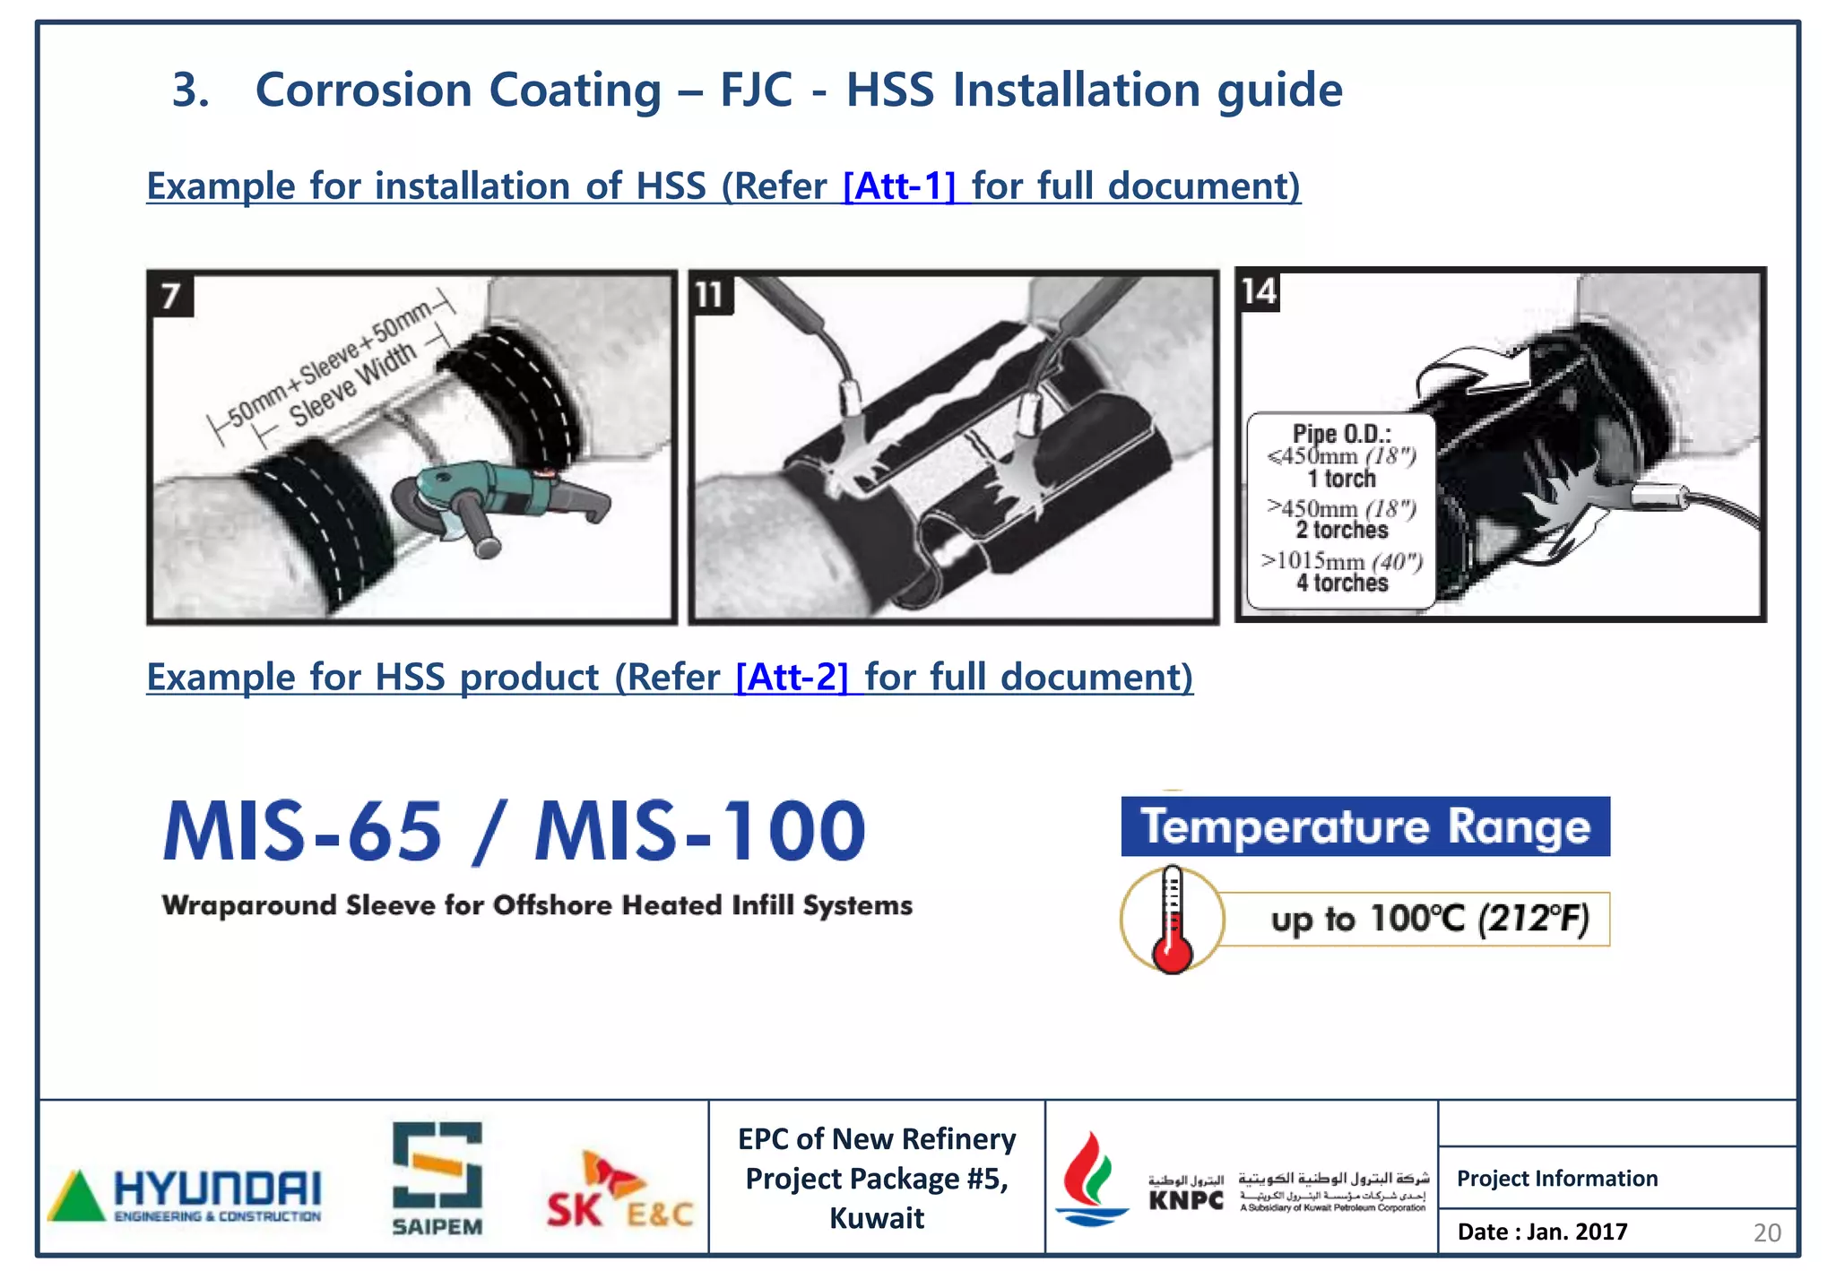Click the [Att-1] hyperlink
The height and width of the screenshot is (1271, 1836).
pyautogui.click(x=900, y=186)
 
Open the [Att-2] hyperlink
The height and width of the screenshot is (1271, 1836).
pyautogui.click(x=792, y=677)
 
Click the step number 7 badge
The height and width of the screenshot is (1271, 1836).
pyautogui.click(x=170, y=295)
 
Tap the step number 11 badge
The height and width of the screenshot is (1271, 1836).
pyautogui.click(x=710, y=294)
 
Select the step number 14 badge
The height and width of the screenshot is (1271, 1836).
pyautogui.click(x=1259, y=291)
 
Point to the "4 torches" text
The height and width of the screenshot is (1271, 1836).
pyautogui.click(x=1342, y=583)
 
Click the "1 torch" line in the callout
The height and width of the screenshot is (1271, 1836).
pyautogui.click(x=1341, y=479)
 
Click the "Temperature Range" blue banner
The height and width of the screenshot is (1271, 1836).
pyautogui.click(x=1364, y=826)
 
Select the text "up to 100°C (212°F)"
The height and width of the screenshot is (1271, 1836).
pyautogui.click(x=1430, y=919)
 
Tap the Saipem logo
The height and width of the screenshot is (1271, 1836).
pyautogui.click(x=437, y=1179)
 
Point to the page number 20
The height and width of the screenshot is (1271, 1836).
pyautogui.click(x=1767, y=1232)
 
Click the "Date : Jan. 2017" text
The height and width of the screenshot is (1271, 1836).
pyautogui.click(x=1542, y=1232)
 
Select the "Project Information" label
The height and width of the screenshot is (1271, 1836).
pyautogui.click(x=1557, y=1178)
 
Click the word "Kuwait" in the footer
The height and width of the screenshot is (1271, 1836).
pyautogui.click(x=877, y=1218)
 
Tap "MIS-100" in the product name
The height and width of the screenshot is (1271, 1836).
pyautogui.click(x=700, y=832)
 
